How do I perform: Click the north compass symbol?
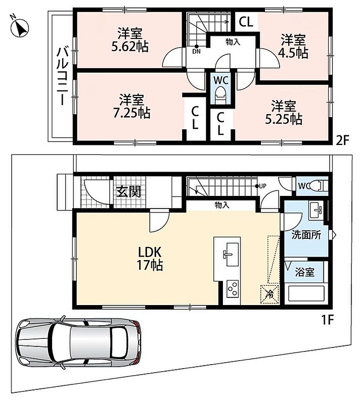(x=19, y=27)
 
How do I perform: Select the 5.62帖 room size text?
(x=130, y=46)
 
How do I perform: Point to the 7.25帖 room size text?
(x=132, y=113)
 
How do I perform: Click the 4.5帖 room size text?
(x=293, y=53)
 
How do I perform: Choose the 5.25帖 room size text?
(x=284, y=119)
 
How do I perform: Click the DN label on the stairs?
(x=196, y=52)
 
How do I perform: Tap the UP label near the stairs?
(x=262, y=186)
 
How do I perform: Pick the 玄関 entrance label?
(x=128, y=192)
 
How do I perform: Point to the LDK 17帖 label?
(x=150, y=259)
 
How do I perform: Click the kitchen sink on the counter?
(x=231, y=255)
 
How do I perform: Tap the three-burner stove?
(x=233, y=289)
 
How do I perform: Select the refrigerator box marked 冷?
(x=269, y=294)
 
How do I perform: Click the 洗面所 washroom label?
(x=306, y=235)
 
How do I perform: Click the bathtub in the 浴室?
(x=306, y=294)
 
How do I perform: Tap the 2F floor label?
(x=342, y=140)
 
